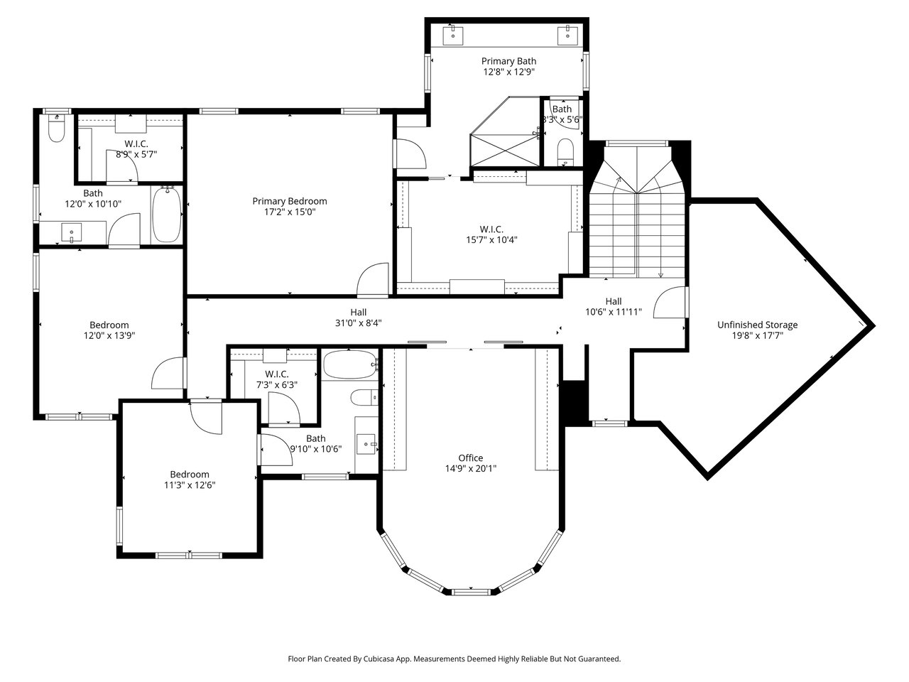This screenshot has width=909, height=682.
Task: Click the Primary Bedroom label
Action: click(x=290, y=201)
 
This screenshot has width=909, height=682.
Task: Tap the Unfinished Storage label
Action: click(x=758, y=325)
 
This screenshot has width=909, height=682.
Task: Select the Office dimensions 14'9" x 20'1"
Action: click(x=471, y=468)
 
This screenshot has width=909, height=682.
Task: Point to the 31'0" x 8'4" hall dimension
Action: click(x=358, y=323)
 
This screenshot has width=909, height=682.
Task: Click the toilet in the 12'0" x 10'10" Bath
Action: click(x=56, y=128)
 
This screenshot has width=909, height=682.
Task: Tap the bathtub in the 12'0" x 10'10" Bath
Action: click(x=166, y=214)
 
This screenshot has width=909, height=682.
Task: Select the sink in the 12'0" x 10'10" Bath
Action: click(x=71, y=232)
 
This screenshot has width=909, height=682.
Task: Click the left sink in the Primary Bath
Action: click(x=453, y=35)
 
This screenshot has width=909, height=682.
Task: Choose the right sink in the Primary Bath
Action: click(x=567, y=35)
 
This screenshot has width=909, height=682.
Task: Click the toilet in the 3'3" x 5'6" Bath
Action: click(x=565, y=152)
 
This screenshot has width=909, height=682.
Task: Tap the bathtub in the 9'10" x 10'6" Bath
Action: click(x=350, y=364)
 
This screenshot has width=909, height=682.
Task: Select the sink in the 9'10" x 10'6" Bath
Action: click(x=366, y=444)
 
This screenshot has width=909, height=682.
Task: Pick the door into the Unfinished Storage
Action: click(x=670, y=303)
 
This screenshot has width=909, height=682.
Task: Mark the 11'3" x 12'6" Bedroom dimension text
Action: click(x=190, y=485)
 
